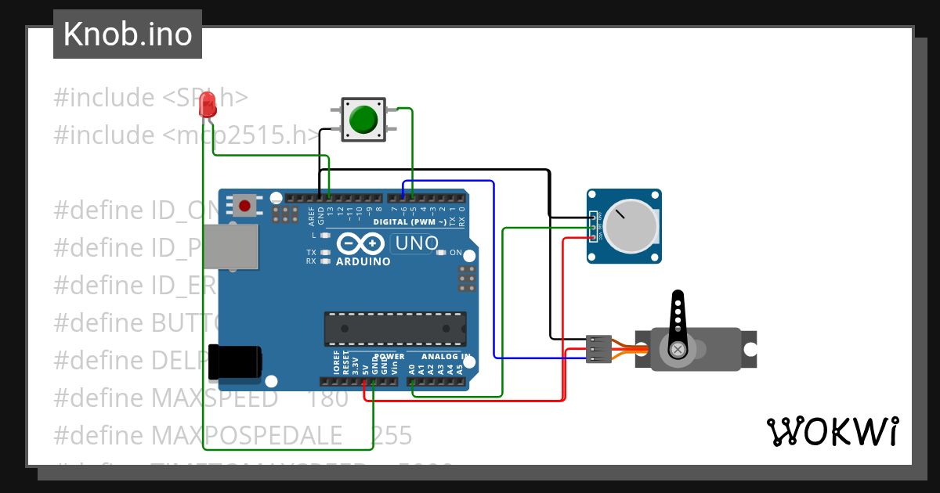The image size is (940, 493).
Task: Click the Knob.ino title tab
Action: tap(128, 34)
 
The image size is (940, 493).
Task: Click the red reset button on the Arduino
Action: tap(245, 206)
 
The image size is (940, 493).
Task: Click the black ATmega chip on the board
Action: tap(396, 329)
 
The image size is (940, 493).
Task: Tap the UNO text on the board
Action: tap(417, 243)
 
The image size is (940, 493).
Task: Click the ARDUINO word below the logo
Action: tap(363, 261)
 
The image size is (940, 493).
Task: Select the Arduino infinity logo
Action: tap(363, 244)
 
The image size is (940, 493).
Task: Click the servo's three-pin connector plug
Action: tap(598, 349)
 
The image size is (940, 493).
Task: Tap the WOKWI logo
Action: tap(832, 431)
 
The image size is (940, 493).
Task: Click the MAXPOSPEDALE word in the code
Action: tap(247, 435)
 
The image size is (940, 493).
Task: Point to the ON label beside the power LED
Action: tap(456, 253)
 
